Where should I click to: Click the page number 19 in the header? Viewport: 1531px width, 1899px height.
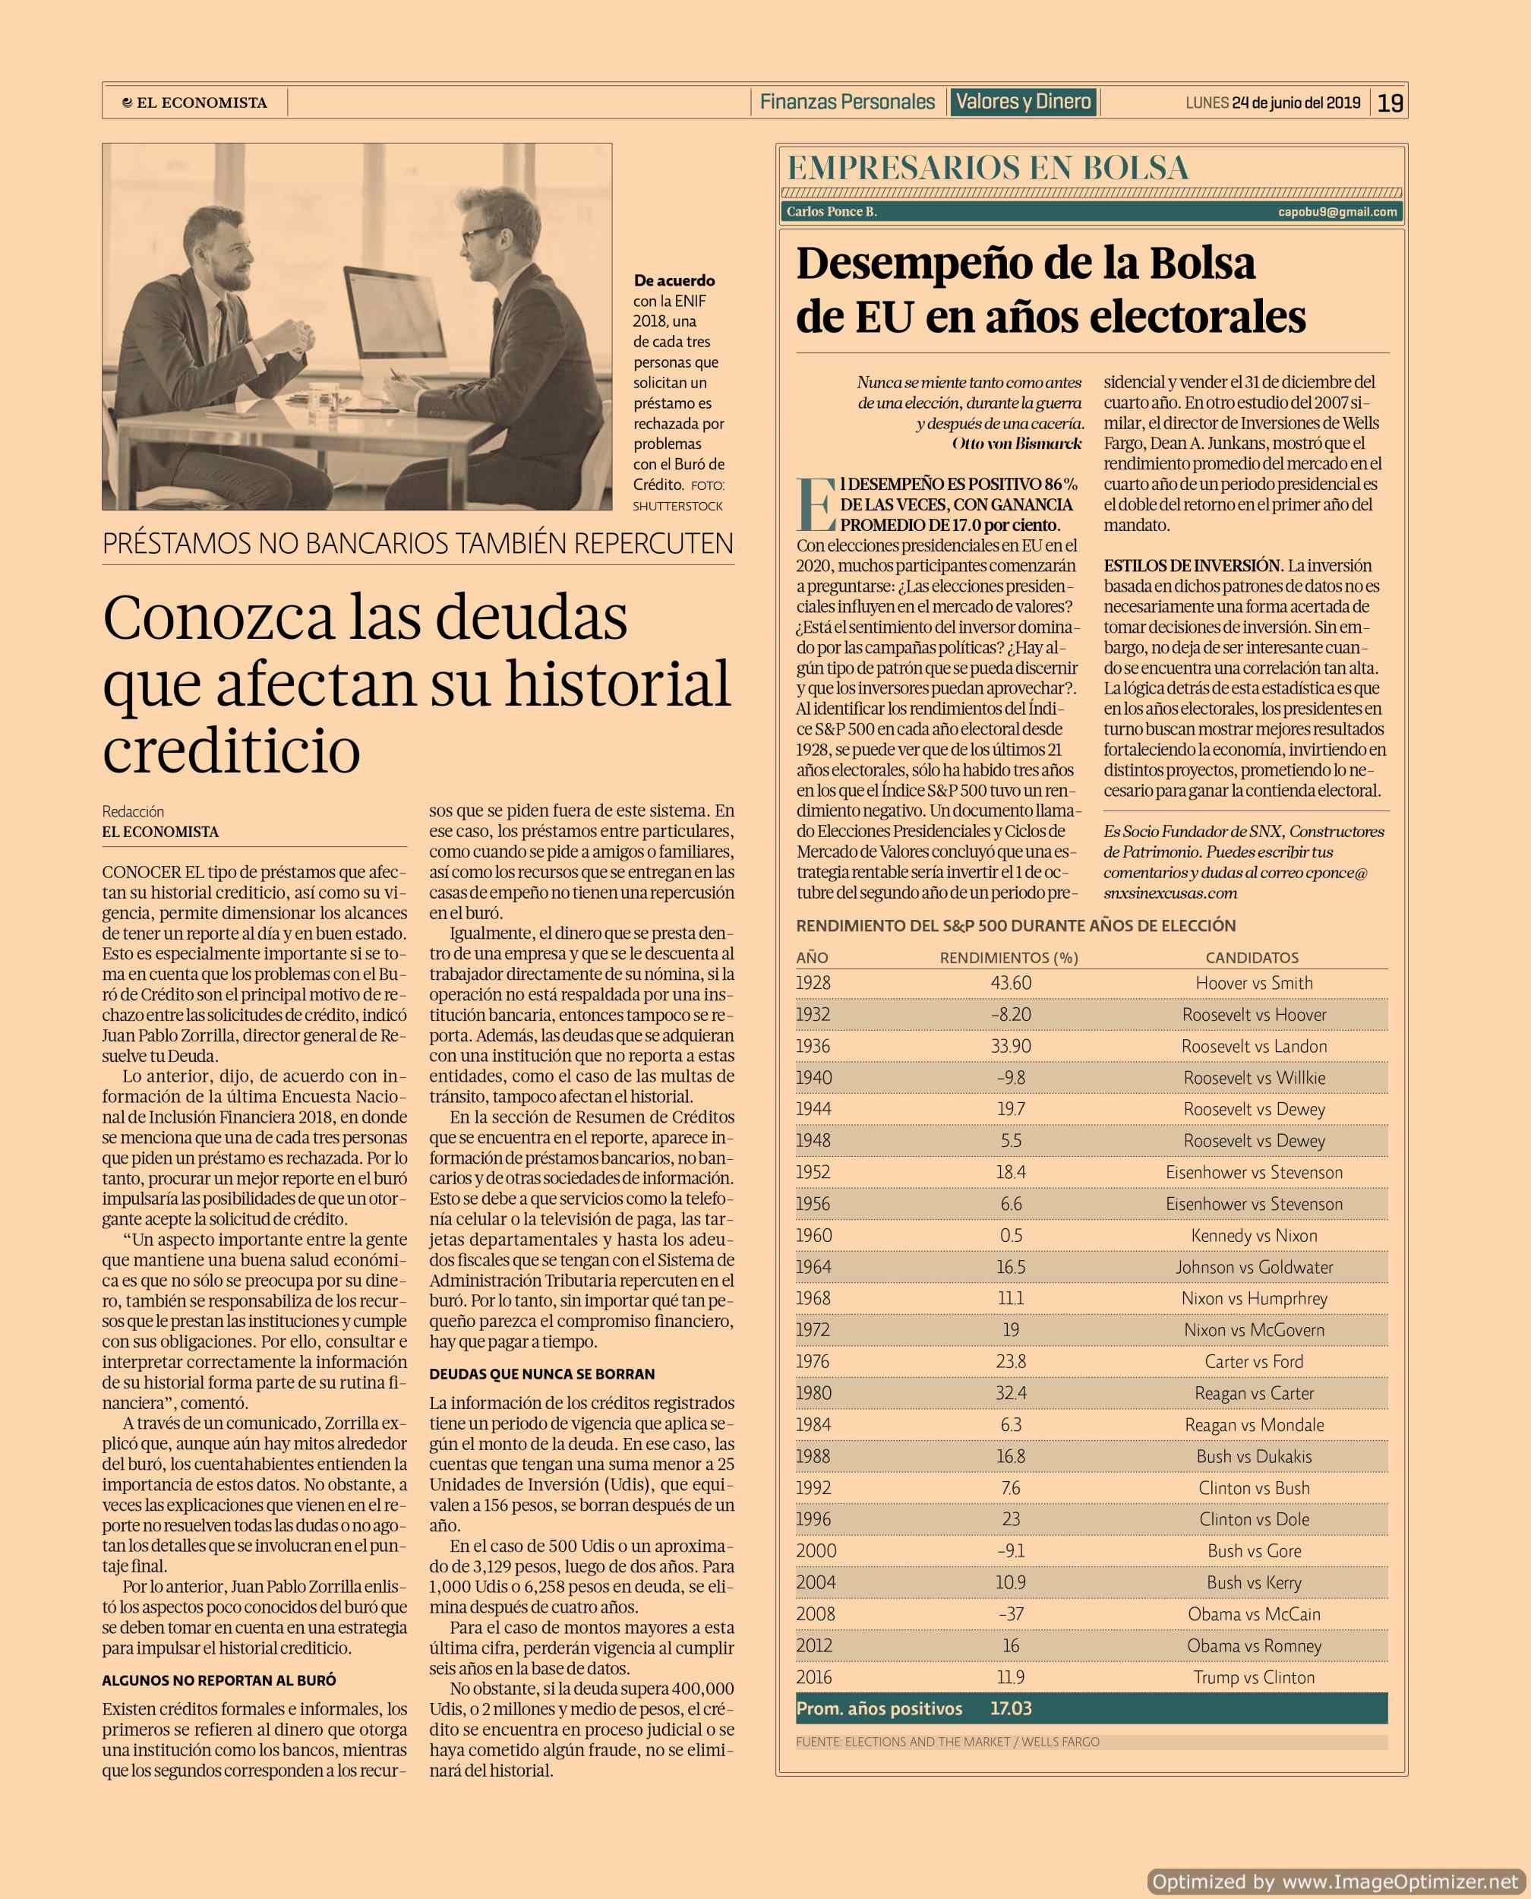pos(1390,103)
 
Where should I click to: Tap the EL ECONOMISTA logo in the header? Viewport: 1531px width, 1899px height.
pos(196,103)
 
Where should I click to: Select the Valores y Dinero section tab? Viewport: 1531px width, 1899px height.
pos(1023,103)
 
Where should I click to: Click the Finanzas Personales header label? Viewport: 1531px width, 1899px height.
pos(847,103)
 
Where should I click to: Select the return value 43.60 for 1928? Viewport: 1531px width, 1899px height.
pos(1011,983)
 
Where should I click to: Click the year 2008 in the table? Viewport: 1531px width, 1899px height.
pos(815,1614)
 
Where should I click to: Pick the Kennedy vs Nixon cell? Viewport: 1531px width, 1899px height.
pos(1253,1235)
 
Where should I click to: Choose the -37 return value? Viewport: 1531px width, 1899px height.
pos(1011,1614)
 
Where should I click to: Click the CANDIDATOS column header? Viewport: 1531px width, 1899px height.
pos(1252,958)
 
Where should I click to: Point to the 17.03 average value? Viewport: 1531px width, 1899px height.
pos(1011,1708)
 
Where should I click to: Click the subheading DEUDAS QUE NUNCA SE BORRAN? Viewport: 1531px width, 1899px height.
pos(541,1374)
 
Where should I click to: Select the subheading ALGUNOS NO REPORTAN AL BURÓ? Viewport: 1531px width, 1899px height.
pos(219,1680)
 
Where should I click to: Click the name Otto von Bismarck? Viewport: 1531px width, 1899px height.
pos(1016,444)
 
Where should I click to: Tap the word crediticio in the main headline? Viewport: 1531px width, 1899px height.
pos(232,750)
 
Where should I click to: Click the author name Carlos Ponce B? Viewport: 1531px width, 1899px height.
pos(832,212)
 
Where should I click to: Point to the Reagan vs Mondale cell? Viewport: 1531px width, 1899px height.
pos(1253,1424)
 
